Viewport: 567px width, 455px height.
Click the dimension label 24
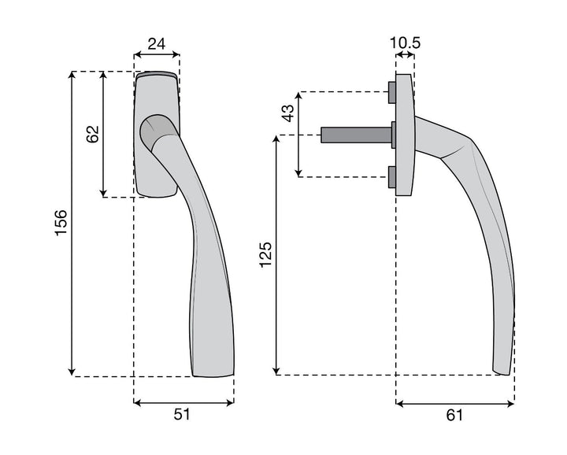pyautogui.click(x=157, y=44)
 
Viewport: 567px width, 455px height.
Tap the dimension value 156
pyautogui.click(x=61, y=223)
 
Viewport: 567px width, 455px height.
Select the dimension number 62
pyautogui.click(x=93, y=134)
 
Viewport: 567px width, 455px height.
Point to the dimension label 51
pyautogui.click(x=182, y=414)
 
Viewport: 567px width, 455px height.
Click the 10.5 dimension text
pyautogui.click(x=405, y=43)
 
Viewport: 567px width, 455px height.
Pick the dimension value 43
pyautogui.click(x=288, y=113)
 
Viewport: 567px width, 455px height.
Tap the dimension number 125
pyautogui.click(x=265, y=255)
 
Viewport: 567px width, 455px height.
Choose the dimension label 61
pyautogui.click(x=454, y=415)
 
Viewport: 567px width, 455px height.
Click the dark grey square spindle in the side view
pyautogui.click(x=357, y=135)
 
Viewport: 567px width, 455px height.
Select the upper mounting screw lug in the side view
pyautogui.click(x=392, y=93)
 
